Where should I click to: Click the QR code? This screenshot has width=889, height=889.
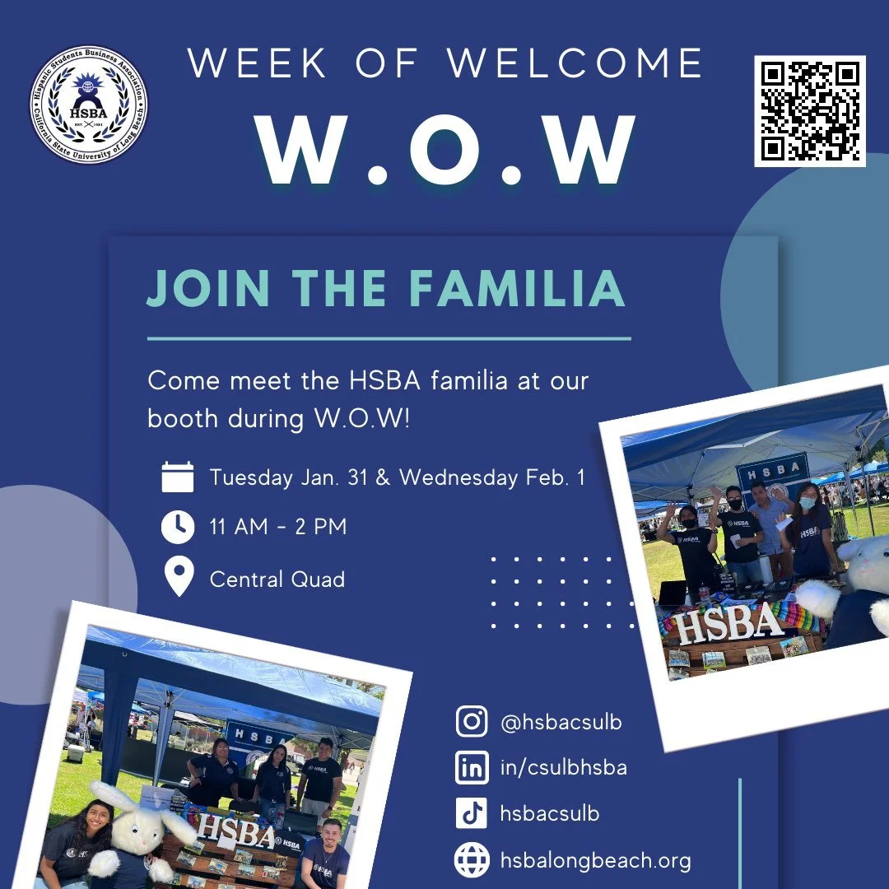[x=810, y=111]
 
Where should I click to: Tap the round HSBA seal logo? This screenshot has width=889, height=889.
[x=89, y=105]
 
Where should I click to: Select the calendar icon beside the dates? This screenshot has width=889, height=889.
[x=178, y=477]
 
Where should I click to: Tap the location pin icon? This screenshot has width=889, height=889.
[x=178, y=579]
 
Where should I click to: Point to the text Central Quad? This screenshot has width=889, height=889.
[x=277, y=579]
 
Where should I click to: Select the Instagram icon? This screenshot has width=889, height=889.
[x=472, y=722]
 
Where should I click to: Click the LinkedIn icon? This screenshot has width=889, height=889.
[x=472, y=768]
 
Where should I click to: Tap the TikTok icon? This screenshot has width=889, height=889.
[x=472, y=814]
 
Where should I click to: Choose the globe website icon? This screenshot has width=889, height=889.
[x=472, y=860]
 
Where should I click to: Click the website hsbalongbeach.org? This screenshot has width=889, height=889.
[x=596, y=861]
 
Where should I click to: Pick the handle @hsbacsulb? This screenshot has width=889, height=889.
[x=561, y=723]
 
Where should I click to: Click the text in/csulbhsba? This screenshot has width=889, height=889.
[x=564, y=768]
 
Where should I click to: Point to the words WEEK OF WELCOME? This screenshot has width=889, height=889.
[x=445, y=64]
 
